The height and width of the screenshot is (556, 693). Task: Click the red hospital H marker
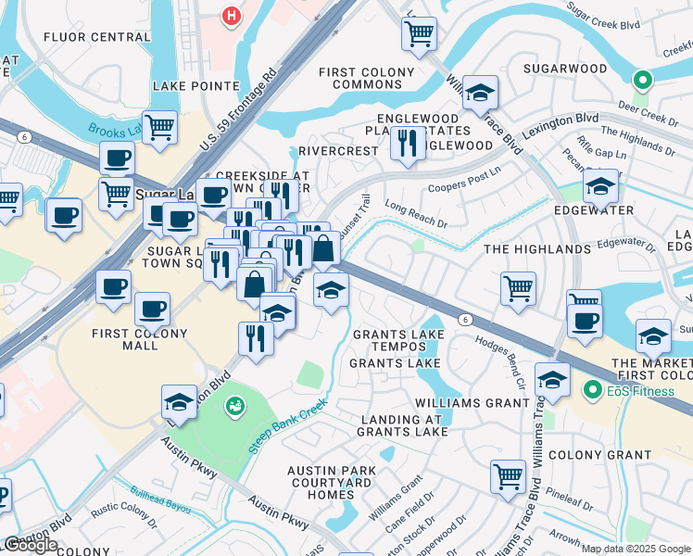click(232, 16)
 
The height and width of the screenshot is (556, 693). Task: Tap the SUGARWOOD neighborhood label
click(565, 69)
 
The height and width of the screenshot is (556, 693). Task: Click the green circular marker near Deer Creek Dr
click(641, 82)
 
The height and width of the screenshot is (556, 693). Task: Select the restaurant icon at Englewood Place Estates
click(408, 143)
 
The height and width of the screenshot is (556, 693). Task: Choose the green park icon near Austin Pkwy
click(236, 405)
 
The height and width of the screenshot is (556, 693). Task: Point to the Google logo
click(31, 545)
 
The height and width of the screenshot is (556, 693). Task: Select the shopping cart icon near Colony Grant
click(508, 475)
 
